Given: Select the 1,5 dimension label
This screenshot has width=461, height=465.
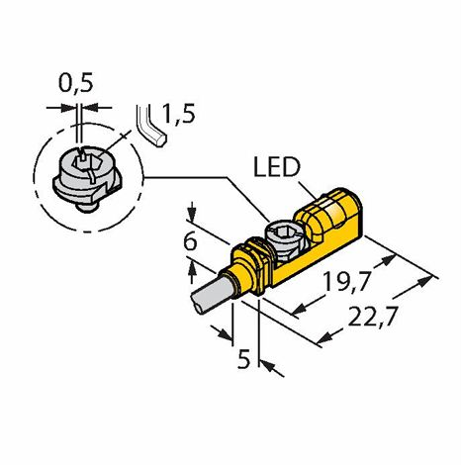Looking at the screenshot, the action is [x=178, y=114].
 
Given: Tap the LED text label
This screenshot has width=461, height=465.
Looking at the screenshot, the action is [x=277, y=167].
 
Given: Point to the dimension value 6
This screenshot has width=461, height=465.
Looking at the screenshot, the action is [x=190, y=241].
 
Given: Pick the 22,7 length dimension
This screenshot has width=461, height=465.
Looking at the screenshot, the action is [x=372, y=317].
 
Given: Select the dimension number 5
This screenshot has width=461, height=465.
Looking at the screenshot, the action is [x=244, y=359].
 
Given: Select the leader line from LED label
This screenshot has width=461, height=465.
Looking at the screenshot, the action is [x=308, y=190].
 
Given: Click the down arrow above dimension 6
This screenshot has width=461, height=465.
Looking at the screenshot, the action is [x=192, y=211].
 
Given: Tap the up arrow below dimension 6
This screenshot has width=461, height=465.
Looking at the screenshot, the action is [x=192, y=271].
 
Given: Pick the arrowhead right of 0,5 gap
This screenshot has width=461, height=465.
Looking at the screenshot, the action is [x=89, y=107].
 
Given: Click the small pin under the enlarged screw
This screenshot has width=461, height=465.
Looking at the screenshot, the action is [x=87, y=209].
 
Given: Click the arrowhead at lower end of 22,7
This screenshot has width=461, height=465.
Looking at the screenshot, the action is [x=324, y=338].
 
